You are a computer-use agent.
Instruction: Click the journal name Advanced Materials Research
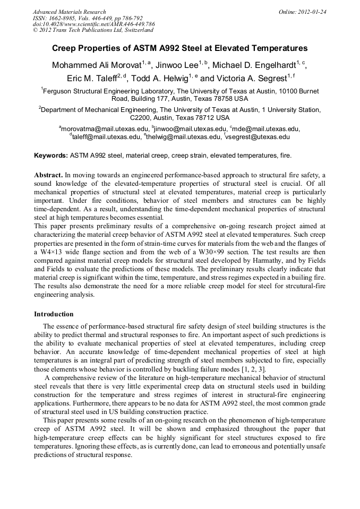coord(69,12)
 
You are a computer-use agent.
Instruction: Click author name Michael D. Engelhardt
coord(254,65)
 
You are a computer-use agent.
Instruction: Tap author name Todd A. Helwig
coord(164,78)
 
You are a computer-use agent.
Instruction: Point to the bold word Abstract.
coord(48,175)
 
